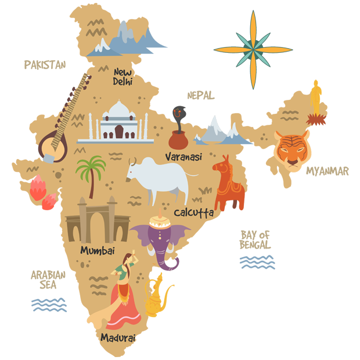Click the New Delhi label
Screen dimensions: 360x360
click(123, 77)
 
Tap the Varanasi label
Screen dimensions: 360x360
click(183, 157)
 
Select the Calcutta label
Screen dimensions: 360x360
click(193, 213)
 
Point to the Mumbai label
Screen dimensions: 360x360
click(98, 250)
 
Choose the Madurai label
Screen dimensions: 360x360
click(117, 337)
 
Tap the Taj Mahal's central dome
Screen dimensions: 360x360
click(119, 110)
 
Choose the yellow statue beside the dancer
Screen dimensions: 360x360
click(158, 296)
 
